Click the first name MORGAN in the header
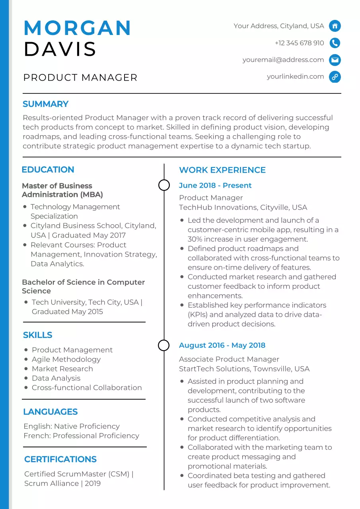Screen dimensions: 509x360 click(78, 28)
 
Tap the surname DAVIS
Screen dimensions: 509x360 click(60, 49)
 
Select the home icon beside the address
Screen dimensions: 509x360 click(335, 26)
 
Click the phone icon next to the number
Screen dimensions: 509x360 click(335, 43)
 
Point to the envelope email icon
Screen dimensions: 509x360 click(335, 60)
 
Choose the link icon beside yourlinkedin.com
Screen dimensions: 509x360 click(335, 77)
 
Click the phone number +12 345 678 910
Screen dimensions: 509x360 click(299, 43)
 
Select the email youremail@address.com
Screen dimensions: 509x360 click(283, 60)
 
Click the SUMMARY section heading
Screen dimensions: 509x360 click(45, 104)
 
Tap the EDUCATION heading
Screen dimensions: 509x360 click(48, 170)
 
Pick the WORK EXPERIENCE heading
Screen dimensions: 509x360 click(222, 170)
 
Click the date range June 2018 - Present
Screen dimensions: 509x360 click(215, 186)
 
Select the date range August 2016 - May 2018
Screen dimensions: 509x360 click(222, 346)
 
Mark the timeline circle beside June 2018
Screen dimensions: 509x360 click(164, 185)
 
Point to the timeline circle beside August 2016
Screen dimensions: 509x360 click(164, 345)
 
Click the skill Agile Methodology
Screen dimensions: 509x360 click(66, 359)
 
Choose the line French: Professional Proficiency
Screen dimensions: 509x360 click(81, 436)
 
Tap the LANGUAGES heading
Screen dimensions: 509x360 click(50, 412)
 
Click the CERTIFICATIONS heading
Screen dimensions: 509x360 click(60, 459)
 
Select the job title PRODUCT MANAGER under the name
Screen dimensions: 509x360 click(80, 78)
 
